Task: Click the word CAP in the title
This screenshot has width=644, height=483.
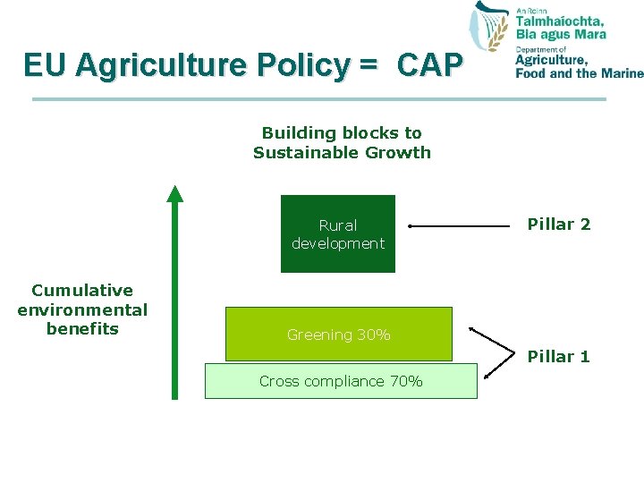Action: (429, 65)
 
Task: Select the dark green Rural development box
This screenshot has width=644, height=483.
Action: (337, 234)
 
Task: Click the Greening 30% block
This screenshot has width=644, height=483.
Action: (338, 335)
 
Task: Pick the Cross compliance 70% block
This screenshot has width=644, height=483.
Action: (340, 381)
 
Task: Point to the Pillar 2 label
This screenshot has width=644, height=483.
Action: (559, 225)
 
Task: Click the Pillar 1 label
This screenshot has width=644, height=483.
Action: (559, 356)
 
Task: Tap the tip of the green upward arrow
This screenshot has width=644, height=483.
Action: (175, 190)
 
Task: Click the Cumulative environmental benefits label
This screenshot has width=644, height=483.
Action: (82, 309)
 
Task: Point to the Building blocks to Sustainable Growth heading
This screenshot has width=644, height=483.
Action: (342, 142)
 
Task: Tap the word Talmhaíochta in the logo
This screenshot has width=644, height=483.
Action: (560, 21)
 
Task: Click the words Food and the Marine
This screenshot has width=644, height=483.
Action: (579, 73)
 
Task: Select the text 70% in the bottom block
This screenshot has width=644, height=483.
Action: (406, 381)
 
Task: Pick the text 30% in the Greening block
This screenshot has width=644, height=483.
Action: (374, 335)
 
